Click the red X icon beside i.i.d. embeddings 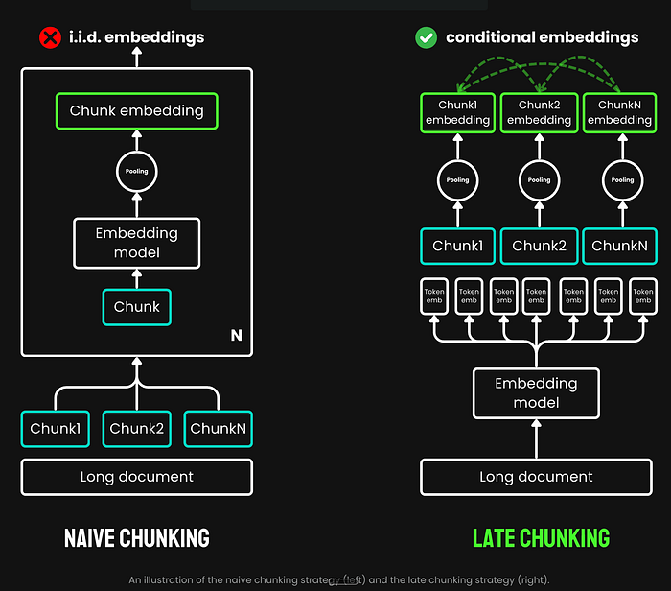pos(48,38)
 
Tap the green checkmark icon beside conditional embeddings pos(426,38)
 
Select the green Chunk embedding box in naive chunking pos(136,110)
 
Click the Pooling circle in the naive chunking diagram pos(136,173)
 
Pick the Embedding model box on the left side pos(136,243)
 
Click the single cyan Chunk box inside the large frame pos(136,307)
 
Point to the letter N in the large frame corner pos(236,336)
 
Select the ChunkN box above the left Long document pos(220,428)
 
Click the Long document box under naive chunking pos(136,477)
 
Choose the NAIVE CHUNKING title pos(136,536)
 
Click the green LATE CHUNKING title pos(541,536)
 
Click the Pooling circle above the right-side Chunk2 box pos(540,179)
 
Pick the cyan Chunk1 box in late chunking pos(456,246)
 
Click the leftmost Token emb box pos(435,296)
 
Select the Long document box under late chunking pos(536,477)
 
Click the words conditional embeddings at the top pos(542,38)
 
